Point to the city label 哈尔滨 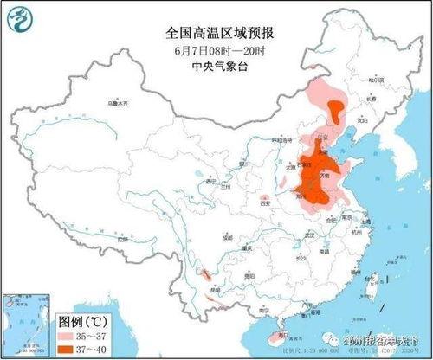pyautogui.click(x=374, y=80)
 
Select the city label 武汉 pyautogui.click(x=304, y=232)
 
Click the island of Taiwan pyautogui.click(x=373, y=283)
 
